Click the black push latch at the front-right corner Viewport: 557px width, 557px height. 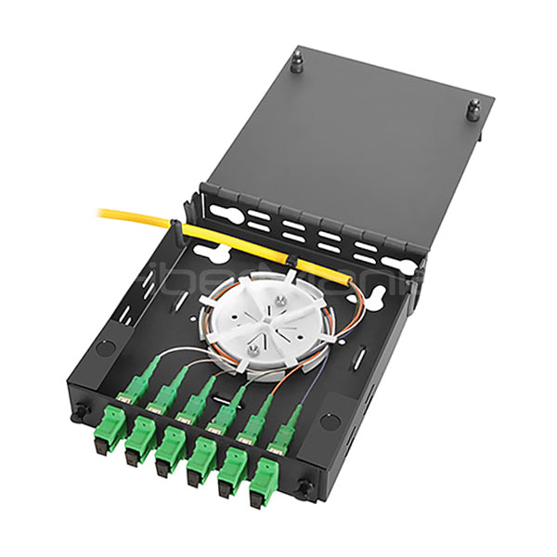(303, 486)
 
